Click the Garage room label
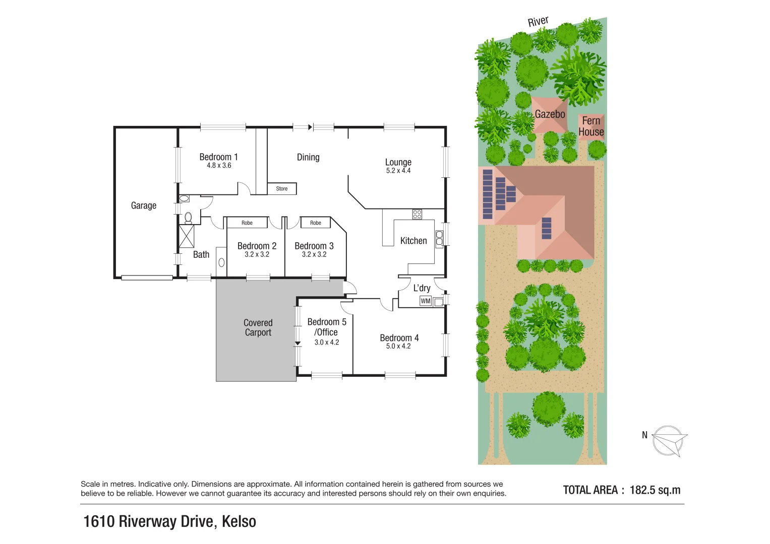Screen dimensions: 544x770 pos(144,206)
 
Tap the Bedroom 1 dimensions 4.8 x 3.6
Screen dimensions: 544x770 pos(219,166)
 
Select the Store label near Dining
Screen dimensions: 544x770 pos(282,189)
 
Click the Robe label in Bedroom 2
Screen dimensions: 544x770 pos(247,223)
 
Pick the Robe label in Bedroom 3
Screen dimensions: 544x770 pos(316,223)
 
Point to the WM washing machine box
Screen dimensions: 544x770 pos(426,301)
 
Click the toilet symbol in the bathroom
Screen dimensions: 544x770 pos(188,218)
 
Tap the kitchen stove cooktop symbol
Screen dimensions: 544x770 pos(417,214)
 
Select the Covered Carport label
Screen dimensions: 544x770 pos(258,327)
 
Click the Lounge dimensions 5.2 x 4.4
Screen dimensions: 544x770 pos(398,171)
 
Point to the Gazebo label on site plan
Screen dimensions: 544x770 pos(550,114)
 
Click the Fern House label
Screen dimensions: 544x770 pos(591,126)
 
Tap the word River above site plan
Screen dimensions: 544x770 pos(538,21)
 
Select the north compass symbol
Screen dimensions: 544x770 pos(669,441)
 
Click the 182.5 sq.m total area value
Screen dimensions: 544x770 pos(655,490)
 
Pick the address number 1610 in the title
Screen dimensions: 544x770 pos(99,521)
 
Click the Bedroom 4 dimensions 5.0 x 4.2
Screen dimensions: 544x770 pos(398,347)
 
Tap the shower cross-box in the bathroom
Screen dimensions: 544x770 pos(187,236)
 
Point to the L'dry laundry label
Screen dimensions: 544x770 pos(422,288)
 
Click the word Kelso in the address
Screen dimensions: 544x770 pos(239,521)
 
